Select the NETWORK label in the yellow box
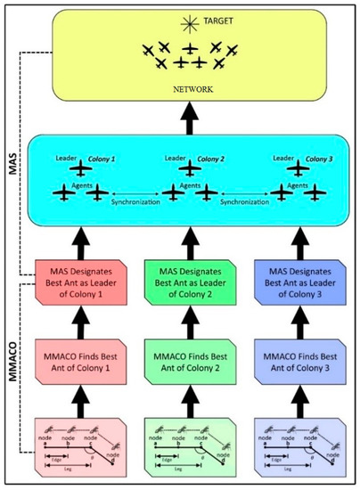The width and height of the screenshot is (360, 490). pos(189,91)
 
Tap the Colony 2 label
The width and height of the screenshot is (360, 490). pos(213,159)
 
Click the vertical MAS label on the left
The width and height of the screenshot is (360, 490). pos(12,175)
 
